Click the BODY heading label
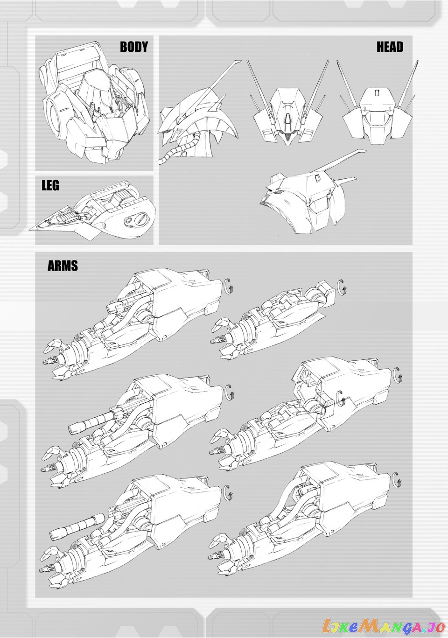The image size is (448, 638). click(134, 47)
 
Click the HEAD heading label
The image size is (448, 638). click(390, 47)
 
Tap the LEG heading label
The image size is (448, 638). click(50, 185)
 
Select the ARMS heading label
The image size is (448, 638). click(63, 266)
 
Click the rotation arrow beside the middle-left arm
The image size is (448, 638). click(228, 392)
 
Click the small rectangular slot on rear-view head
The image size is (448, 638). click(378, 92)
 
